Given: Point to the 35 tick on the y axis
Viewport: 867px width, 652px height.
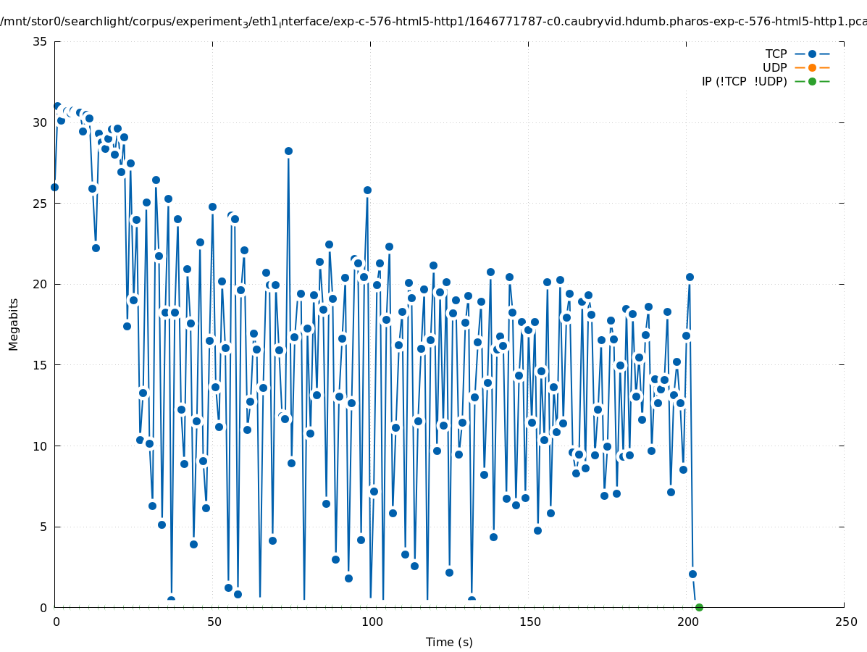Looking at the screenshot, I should [x=41, y=42].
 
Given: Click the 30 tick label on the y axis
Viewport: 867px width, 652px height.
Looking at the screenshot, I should [x=41, y=122].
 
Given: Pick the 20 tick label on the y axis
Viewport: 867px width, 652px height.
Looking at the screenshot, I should [x=41, y=284].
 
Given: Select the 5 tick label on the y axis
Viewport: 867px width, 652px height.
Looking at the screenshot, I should [x=43, y=527].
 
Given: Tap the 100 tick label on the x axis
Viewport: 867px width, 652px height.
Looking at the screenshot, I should [x=372, y=622].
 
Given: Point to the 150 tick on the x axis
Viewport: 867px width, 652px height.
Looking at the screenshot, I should [x=529, y=622].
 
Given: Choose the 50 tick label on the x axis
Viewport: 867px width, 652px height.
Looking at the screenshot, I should [x=214, y=622].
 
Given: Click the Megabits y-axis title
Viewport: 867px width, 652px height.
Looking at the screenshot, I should [x=14, y=324].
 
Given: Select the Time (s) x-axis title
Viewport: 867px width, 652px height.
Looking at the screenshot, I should [x=449, y=642].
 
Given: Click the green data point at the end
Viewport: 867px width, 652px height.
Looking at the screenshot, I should [x=699, y=607].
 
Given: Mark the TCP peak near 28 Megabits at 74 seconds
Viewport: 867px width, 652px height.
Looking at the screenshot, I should [x=288, y=151].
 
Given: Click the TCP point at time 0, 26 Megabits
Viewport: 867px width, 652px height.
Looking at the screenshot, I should [x=54, y=187].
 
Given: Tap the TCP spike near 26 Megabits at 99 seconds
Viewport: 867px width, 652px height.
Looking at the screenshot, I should [x=367, y=190].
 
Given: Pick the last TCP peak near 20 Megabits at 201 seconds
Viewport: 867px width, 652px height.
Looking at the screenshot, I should [x=690, y=277].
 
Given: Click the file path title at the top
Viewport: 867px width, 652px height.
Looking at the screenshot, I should [x=433, y=21].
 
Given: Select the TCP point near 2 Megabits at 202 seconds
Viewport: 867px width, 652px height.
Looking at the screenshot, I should [x=692, y=574].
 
